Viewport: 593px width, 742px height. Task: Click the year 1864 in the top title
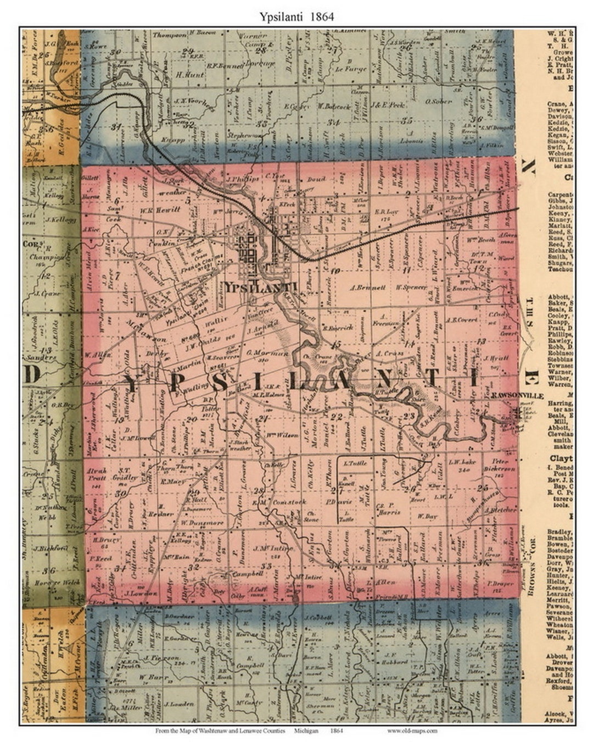[x=320, y=16]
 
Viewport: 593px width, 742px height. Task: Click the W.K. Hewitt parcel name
[x=160, y=210]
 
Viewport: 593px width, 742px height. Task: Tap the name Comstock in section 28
[x=289, y=502]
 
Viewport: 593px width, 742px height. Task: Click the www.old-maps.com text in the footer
[x=412, y=730]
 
